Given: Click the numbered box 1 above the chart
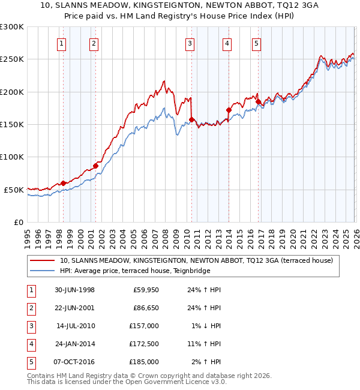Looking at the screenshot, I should pyautogui.click(x=62, y=43).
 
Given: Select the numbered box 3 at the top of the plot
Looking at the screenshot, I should pyautogui.click(x=190, y=43).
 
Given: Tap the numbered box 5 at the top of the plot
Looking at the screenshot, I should pyautogui.click(x=256, y=43).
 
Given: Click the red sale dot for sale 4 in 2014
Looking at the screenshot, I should pyautogui.click(x=229, y=110).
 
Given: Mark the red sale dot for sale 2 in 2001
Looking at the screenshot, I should pyautogui.click(x=95, y=166).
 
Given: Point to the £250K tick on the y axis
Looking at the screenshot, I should pyautogui.click(x=12, y=59).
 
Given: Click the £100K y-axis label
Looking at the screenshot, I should pyautogui.click(x=12, y=157).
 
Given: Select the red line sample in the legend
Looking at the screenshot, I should pyautogui.click(x=42, y=260).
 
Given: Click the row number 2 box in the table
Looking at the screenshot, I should pyautogui.click(x=30, y=308).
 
